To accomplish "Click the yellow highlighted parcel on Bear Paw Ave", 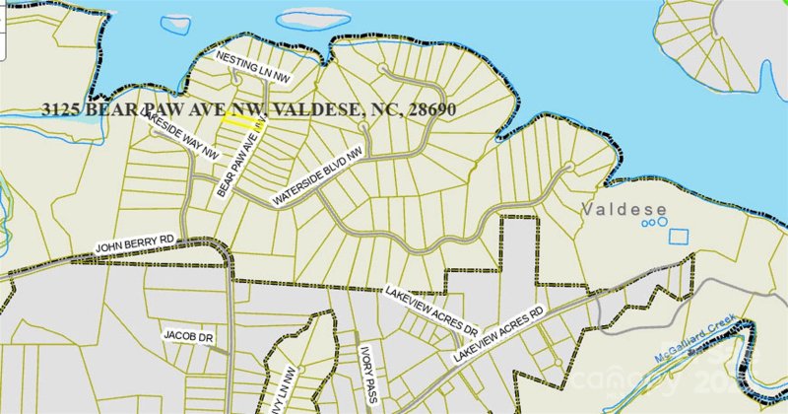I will coord(237,119).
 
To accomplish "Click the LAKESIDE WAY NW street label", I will coord(181,137).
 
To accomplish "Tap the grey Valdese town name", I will coord(624,210).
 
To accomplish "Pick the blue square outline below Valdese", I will coord(679,237).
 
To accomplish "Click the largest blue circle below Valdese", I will coord(649,225).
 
